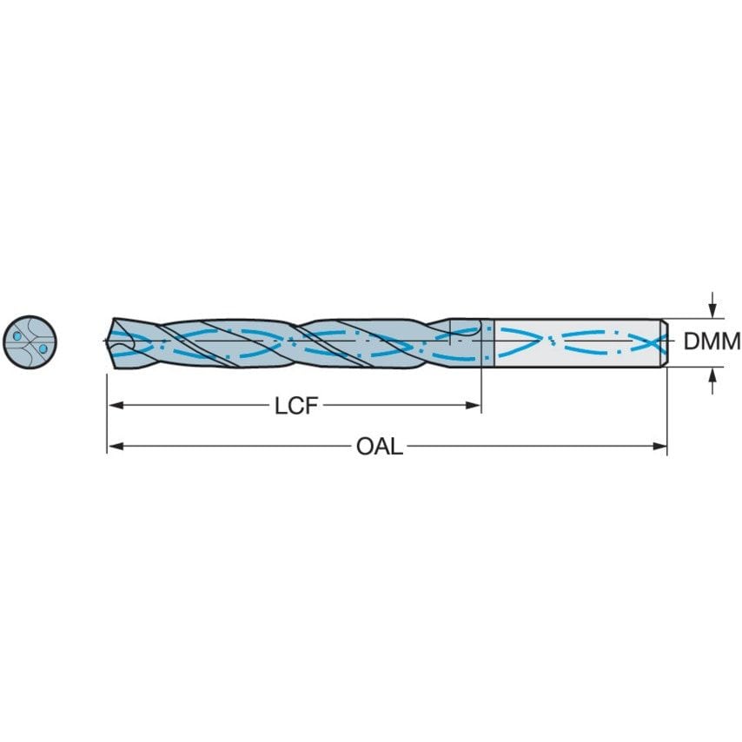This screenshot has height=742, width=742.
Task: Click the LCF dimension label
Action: [294, 406]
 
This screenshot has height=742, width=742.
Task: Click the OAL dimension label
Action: [380, 447]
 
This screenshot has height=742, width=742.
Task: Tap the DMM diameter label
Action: [712, 341]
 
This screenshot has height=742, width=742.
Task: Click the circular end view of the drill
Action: [30, 341]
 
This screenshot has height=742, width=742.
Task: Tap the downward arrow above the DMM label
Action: [712, 310]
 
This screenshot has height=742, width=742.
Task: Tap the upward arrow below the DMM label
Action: [712, 374]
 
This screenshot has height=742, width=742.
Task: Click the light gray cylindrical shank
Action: [573, 341]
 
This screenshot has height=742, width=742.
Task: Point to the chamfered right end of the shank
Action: [665, 341]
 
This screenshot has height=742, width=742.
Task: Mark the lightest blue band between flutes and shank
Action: [487, 341]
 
